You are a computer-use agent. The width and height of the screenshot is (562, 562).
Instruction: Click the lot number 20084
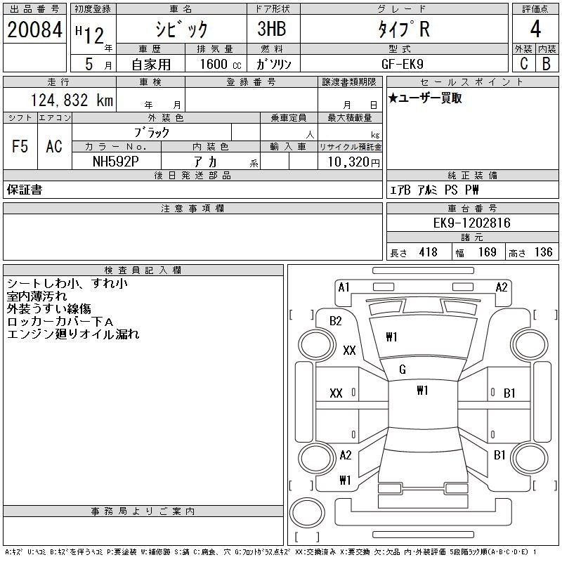[34, 30]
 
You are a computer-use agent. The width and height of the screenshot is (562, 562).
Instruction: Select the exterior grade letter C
[523, 63]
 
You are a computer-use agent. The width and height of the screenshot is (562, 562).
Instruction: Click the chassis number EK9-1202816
[471, 223]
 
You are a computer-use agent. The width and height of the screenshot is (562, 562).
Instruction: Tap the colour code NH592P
[116, 162]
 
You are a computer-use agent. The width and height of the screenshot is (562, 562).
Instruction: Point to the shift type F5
[20, 147]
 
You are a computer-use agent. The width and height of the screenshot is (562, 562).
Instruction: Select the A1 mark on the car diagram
[344, 287]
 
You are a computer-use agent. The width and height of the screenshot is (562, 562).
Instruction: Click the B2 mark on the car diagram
[336, 321]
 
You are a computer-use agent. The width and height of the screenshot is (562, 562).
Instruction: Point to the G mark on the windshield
[403, 370]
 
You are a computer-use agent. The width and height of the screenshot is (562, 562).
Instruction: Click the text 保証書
[25, 190]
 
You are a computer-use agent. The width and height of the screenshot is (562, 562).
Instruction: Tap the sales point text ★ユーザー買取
[425, 98]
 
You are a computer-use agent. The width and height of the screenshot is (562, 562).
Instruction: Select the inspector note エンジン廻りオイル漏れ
[73, 334]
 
